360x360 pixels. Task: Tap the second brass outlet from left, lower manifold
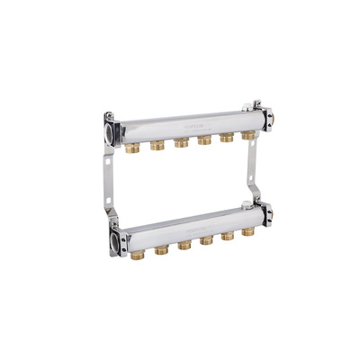point(162,248)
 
